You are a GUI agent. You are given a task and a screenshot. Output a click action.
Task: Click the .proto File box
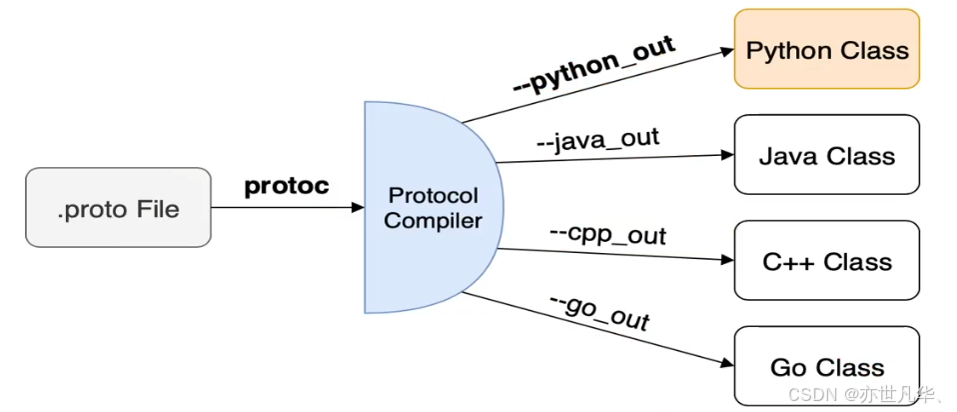coord(118,207)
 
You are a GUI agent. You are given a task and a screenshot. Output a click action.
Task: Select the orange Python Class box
coord(827,49)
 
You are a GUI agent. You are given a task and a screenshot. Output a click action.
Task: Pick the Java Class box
coord(827,155)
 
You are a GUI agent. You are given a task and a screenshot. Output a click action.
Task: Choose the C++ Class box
coord(827,261)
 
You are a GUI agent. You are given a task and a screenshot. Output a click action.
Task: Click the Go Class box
coord(827,367)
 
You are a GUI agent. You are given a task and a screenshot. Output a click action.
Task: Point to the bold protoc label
coord(287,186)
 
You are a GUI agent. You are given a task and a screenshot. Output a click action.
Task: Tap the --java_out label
coord(597,139)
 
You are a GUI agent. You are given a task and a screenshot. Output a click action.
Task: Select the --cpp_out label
coord(607,235)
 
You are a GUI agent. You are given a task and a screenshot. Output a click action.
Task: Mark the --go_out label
coord(599,313)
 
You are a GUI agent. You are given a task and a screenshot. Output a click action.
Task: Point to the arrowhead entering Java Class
coord(726,155)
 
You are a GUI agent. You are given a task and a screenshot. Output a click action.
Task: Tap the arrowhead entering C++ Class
coord(726,261)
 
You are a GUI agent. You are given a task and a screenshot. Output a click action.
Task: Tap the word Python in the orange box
coord(782,50)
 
